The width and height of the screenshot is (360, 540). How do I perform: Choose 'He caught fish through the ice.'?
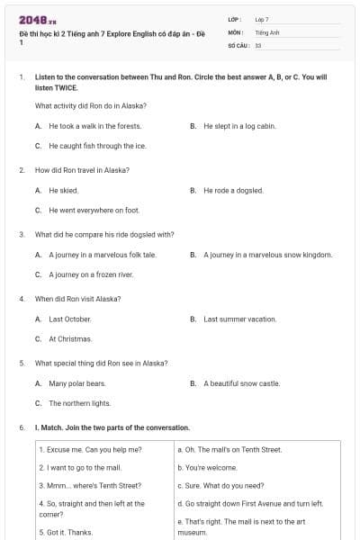97,146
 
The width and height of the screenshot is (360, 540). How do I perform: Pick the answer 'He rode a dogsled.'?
232,191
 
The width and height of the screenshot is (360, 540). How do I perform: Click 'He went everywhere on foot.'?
94,211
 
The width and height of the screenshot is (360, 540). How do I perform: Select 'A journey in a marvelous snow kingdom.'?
267,255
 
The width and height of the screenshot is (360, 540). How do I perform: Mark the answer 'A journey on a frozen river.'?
91,274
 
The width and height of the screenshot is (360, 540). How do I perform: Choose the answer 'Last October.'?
69,319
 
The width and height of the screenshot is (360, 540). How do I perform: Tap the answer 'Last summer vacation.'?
239,319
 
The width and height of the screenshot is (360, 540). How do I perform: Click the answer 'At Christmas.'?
70,339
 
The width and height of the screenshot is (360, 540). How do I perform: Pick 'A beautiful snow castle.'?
241,384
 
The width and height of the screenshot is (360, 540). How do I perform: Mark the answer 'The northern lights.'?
79,404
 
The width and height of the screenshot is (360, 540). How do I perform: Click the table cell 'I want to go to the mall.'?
80,468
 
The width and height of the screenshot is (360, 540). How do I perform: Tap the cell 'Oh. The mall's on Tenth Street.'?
229,449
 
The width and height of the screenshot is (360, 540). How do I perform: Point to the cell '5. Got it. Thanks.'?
67,533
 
